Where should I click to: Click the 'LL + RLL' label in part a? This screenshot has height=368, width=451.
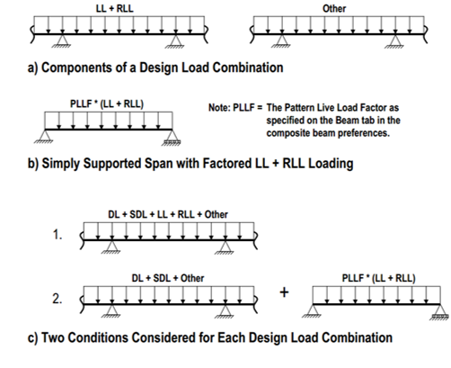pos(115,8)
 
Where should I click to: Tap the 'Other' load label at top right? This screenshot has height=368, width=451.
pos(334,9)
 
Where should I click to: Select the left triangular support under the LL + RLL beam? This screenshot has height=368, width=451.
pos(62,41)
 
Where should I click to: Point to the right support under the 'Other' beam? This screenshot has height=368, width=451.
pos(394,41)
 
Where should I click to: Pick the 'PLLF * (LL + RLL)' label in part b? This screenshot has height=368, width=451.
pos(107,104)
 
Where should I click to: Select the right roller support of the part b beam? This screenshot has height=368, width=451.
pos(172,138)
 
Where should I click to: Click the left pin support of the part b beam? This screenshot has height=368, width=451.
pos(44,137)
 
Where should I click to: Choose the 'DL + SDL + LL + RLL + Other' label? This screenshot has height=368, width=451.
pos(168,214)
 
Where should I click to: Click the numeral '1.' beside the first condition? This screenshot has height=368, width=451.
pos(57,235)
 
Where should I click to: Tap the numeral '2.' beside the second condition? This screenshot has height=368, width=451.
pos(57,299)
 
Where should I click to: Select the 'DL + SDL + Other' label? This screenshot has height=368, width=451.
pos(168,278)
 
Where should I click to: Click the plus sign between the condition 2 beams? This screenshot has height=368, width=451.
pos(284,292)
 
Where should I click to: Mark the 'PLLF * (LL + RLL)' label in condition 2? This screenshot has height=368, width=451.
pos(379,278)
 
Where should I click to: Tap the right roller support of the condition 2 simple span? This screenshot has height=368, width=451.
pos(439,313)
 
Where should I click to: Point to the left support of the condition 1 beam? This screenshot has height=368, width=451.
pos(111,247)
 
